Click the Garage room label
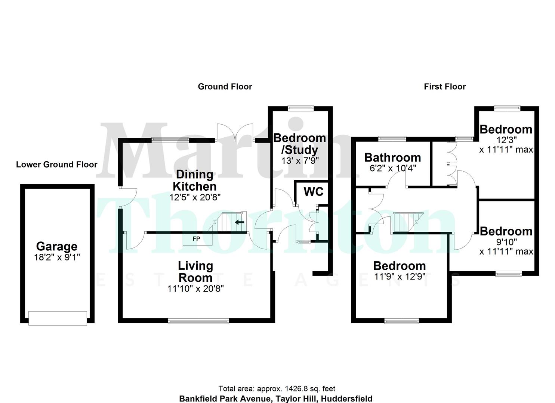56,246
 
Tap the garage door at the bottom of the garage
58,318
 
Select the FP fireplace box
196,239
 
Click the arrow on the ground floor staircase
239,222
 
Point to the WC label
313,191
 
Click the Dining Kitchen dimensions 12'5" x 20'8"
195,197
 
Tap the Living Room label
195,272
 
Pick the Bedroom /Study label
300,144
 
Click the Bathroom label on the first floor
392,157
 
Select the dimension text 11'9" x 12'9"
400,277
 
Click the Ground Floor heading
225,87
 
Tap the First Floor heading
445,87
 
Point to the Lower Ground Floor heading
56,165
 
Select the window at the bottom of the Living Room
198,321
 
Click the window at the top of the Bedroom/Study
300,108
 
